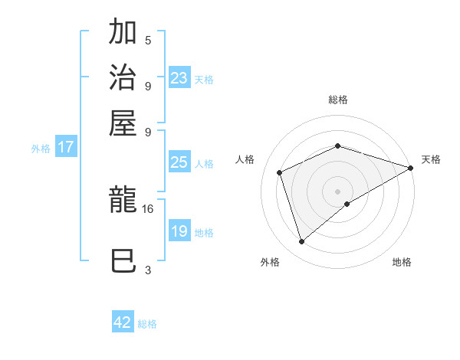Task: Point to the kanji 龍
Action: click(123, 201)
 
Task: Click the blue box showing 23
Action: click(179, 78)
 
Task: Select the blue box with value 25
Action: click(179, 162)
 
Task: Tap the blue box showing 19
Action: click(179, 231)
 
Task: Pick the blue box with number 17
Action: click(66, 147)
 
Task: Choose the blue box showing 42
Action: click(123, 322)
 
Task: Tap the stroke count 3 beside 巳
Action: click(148, 270)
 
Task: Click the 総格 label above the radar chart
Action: click(337, 100)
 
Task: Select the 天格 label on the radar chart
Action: click(431, 159)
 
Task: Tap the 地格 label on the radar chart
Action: click(402, 263)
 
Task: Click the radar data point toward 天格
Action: click(411, 168)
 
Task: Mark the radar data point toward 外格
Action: click(301, 242)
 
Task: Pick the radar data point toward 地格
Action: click(347, 204)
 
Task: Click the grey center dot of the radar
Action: click(337, 191)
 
